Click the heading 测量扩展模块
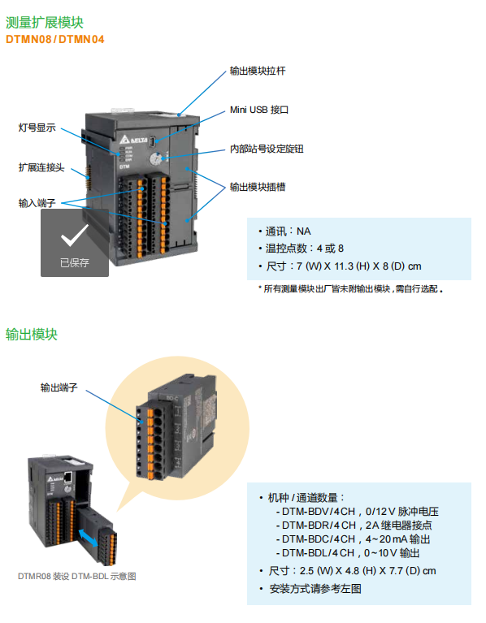click(x=45, y=23)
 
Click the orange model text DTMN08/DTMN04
click(x=54, y=39)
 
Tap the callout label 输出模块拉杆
click(x=258, y=71)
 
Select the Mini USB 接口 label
click(x=259, y=110)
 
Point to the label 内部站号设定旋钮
click(x=267, y=149)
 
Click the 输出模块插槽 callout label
click(x=258, y=187)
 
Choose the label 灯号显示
click(x=37, y=128)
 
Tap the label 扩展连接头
click(x=41, y=167)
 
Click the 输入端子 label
click(x=37, y=203)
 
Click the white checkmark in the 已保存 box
click(x=74, y=235)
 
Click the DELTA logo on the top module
click(x=133, y=140)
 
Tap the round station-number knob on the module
click(x=155, y=160)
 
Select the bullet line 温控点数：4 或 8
click(x=301, y=249)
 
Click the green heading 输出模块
click(x=32, y=335)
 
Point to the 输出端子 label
click(x=59, y=387)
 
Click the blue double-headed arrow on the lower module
click(x=88, y=538)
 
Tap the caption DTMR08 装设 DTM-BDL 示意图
click(x=77, y=576)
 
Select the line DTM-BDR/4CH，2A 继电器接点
click(x=354, y=526)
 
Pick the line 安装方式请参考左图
click(x=311, y=589)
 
